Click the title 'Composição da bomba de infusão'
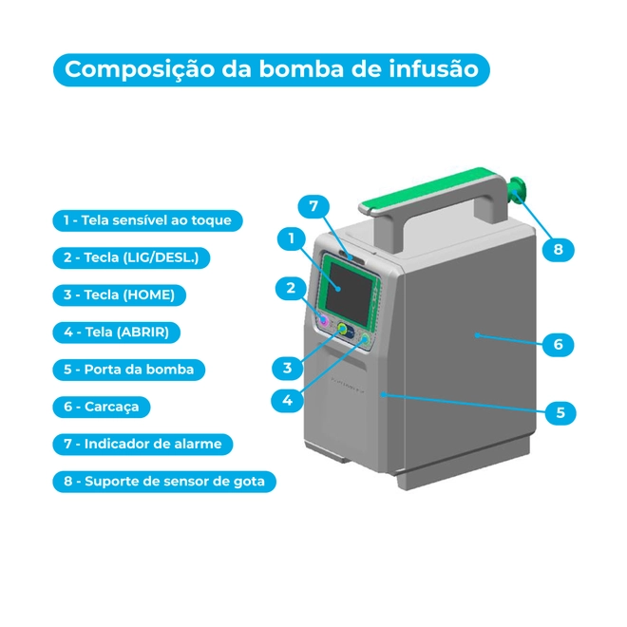[272, 69]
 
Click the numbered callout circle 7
[313, 206]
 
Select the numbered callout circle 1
[292, 238]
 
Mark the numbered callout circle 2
[291, 288]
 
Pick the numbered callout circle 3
[287, 369]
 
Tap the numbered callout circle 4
[287, 401]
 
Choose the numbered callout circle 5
[560, 412]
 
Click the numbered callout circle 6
[559, 345]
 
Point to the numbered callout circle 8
[559, 250]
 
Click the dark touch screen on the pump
[350, 293]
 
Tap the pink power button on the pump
[323, 320]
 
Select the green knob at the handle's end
[517, 191]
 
